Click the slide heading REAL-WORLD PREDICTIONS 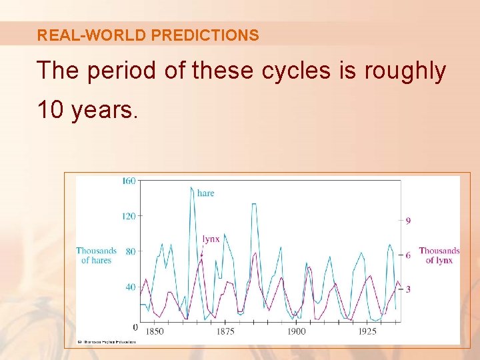[148, 35]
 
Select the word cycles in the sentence [290, 70]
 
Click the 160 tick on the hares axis [129, 181]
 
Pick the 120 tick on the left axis [129, 216]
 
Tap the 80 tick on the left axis [131, 251]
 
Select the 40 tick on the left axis [131, 287]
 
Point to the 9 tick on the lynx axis [408, 221]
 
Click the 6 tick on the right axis [408, 255]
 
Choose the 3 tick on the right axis [408, 289]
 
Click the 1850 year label [154, 331]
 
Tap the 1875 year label [225, 331]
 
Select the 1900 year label [296, 331]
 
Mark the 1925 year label [367, 331]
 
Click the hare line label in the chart [206, 193]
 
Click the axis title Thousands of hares [97, 255]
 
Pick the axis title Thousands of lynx [439, 255]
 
